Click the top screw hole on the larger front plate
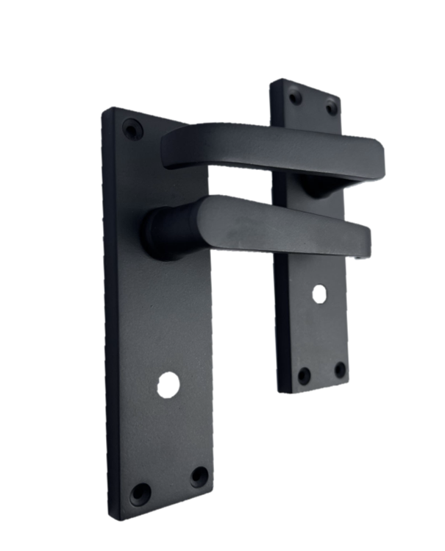[x=132, y=130]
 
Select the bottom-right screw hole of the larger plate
[x=199, y=476]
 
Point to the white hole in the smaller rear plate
[x=318, y=294]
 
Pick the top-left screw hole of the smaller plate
[x=296, y=96]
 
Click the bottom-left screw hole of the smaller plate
[x=304, y=376]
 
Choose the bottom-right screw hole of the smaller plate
[x=340, y=369]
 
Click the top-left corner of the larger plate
[x=104, y=112]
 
